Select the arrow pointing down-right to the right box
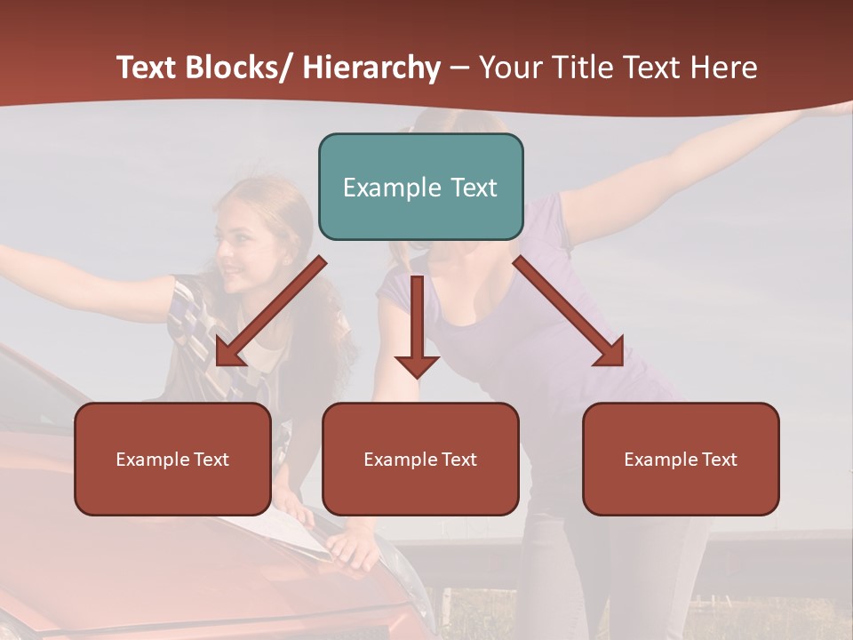tap(569, 311)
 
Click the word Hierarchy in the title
tap(371, 68)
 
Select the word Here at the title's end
tap(724, 68)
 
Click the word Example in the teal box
tap(391, 188)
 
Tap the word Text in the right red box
tap(718, 460)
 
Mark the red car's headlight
tap(411, 582)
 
